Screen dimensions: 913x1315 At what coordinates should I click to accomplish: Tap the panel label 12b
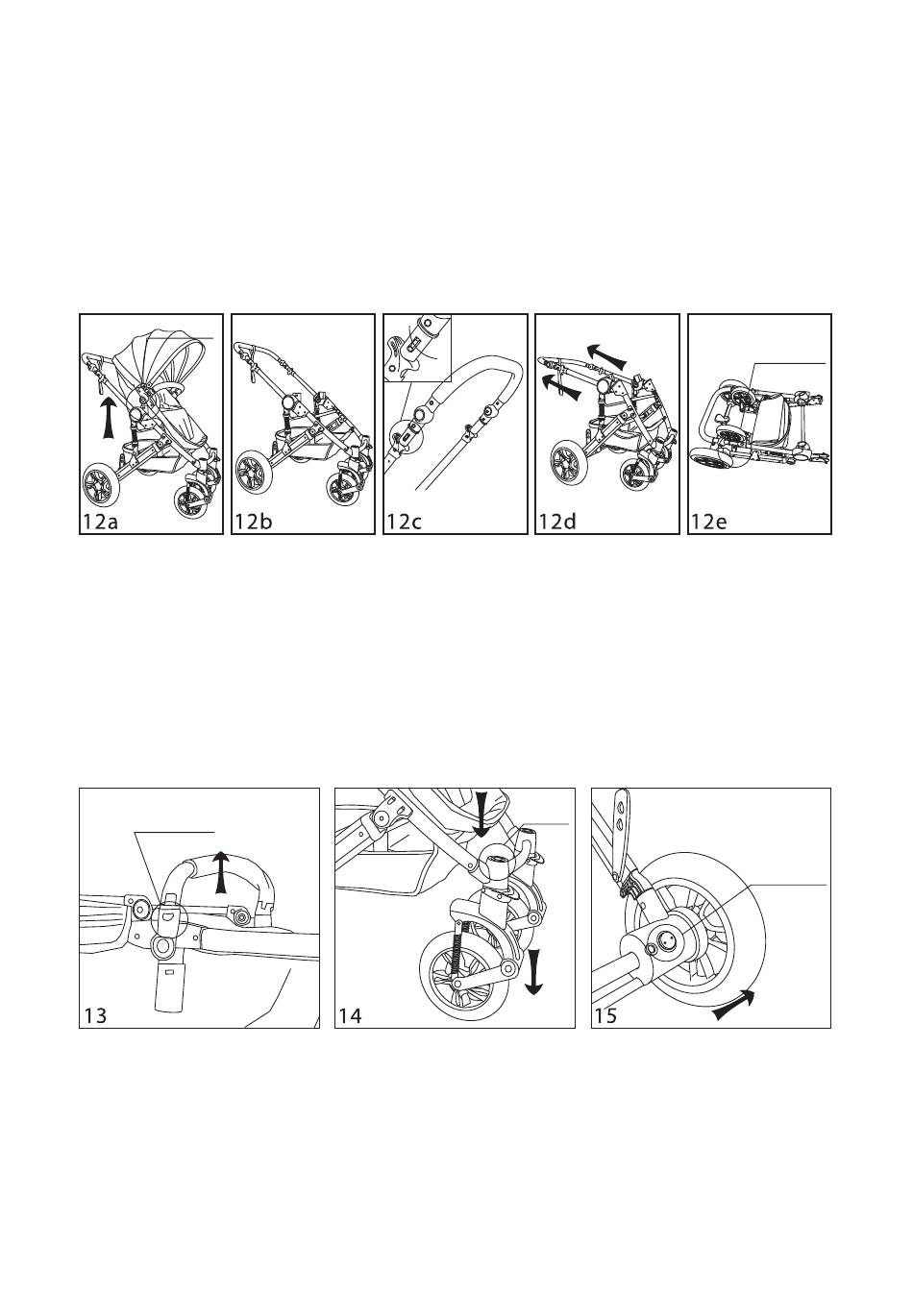253,522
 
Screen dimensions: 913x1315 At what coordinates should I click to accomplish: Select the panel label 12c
405,522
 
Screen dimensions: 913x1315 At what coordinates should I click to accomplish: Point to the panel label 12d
556,522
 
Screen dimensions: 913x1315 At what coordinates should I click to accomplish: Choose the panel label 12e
708,522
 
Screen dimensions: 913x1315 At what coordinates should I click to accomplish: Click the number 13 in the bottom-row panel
95,1015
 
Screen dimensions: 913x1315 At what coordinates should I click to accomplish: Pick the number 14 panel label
351,1015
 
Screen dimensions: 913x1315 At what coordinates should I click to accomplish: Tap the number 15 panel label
606,1015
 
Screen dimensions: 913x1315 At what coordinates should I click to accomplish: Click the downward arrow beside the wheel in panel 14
535,965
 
